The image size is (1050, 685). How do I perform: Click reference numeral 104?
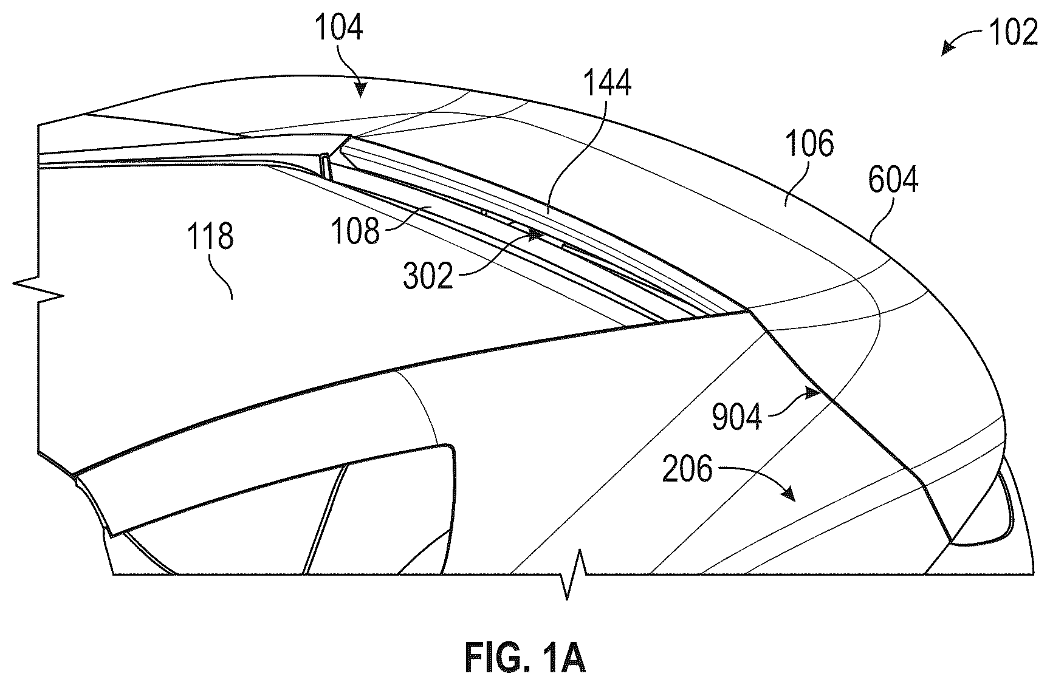pos(338,27)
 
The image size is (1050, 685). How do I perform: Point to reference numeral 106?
pos(809,144)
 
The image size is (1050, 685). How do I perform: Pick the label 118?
pos(210,236)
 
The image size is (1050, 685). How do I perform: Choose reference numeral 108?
pos(355,231)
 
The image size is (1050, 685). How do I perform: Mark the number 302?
pos(428,276)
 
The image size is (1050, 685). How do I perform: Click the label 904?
pos(737,417)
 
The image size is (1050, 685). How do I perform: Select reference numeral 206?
pos(687,469)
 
